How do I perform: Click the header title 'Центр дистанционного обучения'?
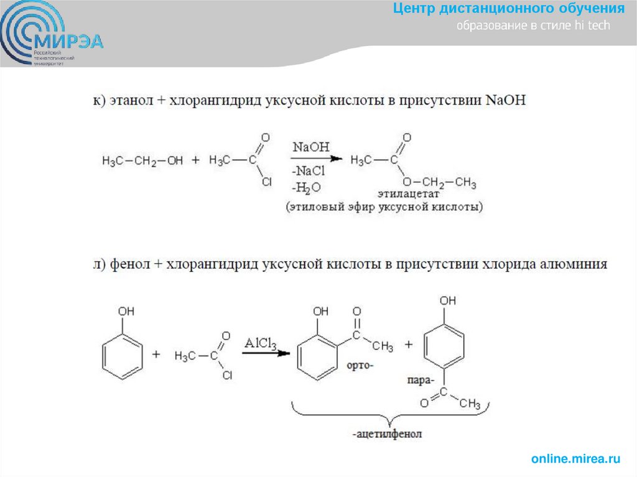pos(508,9)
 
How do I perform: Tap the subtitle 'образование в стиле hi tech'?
pos(534,26)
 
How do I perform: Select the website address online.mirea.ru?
pos(576,459)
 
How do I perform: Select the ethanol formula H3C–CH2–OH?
pos(142,161)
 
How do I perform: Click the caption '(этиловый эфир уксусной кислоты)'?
pos(384,207)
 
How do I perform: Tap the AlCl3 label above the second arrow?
pos(260,343)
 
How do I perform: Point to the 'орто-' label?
pos(360,365)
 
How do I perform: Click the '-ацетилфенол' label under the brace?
pos(391,433)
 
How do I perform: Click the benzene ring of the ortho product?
pos(319,359)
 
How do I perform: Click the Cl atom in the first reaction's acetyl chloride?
pos(266,182)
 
